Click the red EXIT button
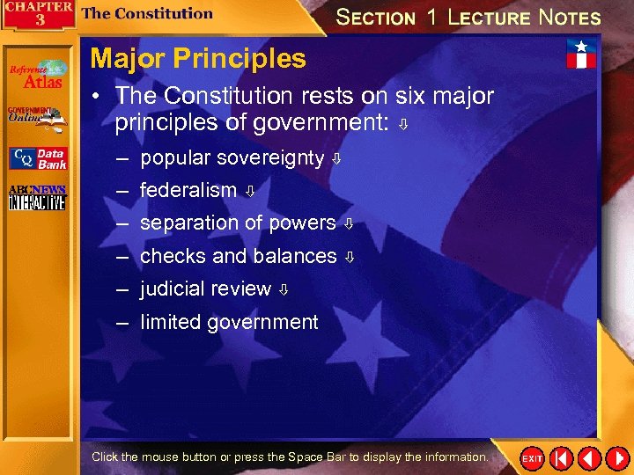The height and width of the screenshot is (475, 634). pyautogui.click(x=532, y=458)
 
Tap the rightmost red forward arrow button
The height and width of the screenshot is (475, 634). pyautogui.click(x=616, y=458)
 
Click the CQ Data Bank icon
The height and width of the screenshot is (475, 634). pyautogui.click(x=37, y=158)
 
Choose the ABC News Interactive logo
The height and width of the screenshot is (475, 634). pyautogui.click(x=37, y=198)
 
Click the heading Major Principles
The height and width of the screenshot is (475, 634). pyautogui.click(x=198, y=59)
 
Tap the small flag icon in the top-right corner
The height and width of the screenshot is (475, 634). pyautogui.click(x=581, y=54)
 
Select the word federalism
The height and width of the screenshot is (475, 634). pyautogui.click(x=188, y=190)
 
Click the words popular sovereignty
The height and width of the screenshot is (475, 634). pyautogui.click(x=232, y=158)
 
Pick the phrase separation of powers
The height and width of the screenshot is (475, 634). pyautogui.click(x=238, y=223)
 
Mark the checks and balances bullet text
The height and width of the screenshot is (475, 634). pyautogui.click(x=239, y=257)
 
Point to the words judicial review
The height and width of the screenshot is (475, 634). pyautogui.click(x=205, y=289)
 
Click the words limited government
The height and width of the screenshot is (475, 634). pyautogui.click(x=229, y=323)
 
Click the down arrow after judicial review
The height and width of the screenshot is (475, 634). pyautogui.click(x=284, y=290)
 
